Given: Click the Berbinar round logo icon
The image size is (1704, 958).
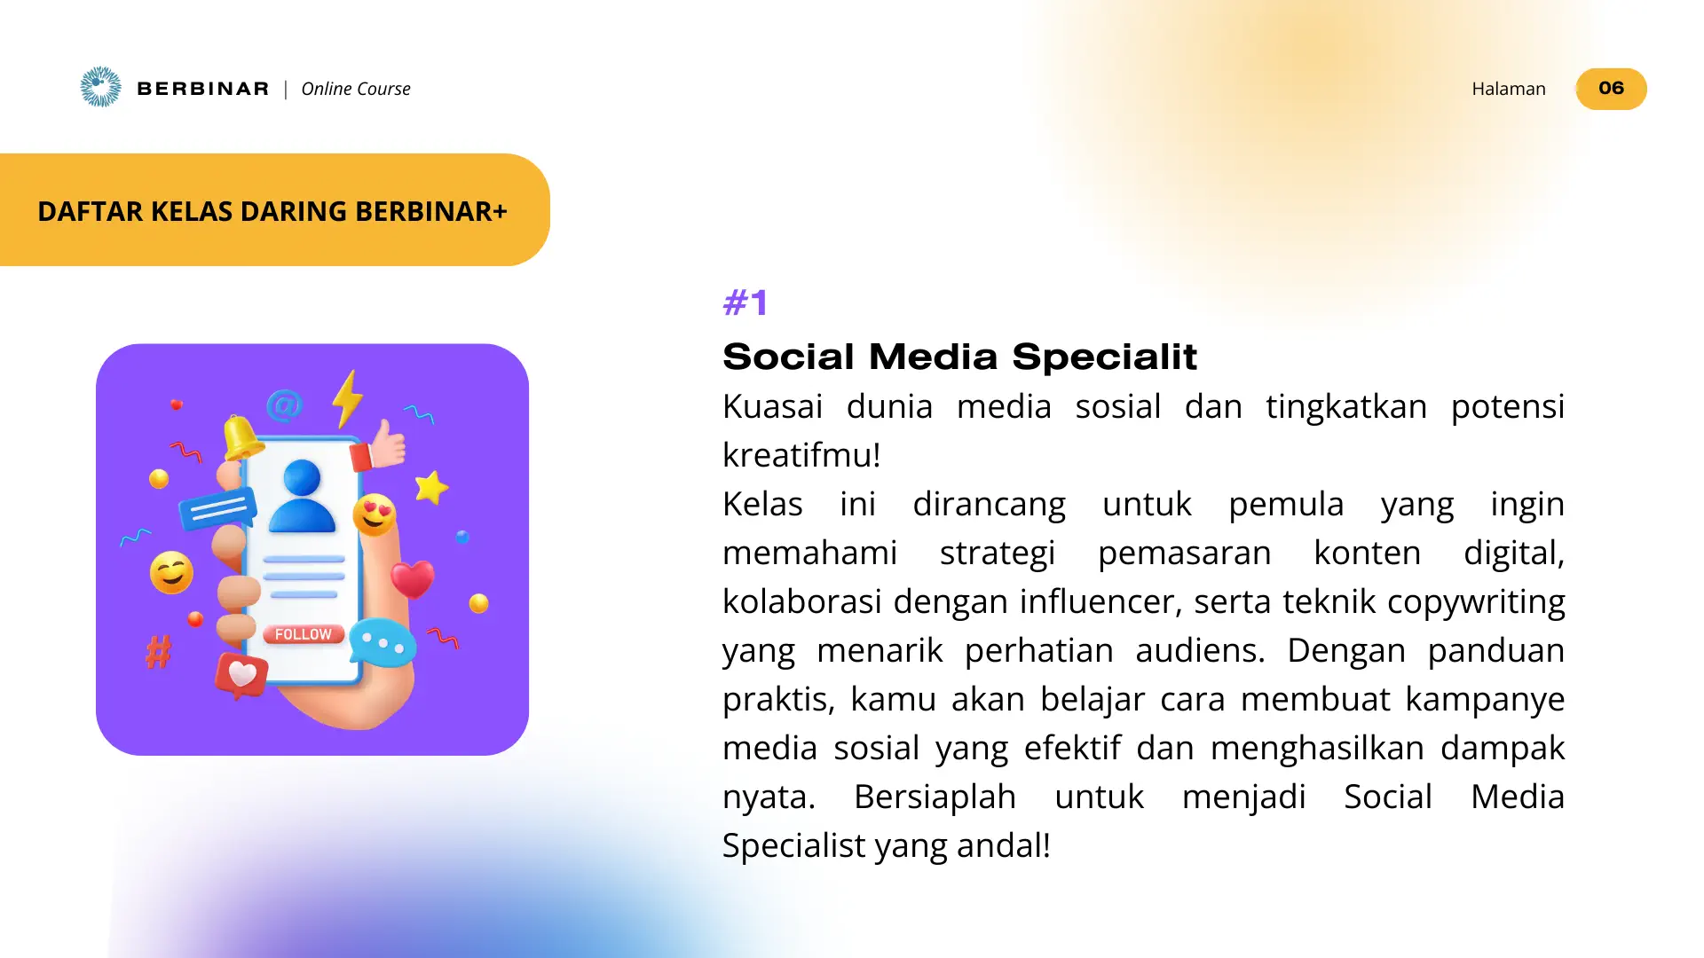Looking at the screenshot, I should click(100, 87).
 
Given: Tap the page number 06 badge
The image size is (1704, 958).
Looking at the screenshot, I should click(1611, 89).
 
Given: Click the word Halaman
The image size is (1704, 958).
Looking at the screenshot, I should click(1508, 89).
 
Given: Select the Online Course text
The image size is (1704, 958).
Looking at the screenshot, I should click(356, 89).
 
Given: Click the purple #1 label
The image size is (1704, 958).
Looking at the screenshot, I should click(745, 303).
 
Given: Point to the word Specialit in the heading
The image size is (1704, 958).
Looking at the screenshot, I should click(1104, 357).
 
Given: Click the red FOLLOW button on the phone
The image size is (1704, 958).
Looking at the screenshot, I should click(303, 634).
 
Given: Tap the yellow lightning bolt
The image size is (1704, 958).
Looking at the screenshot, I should click(347, 398).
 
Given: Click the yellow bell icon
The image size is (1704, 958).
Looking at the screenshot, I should click(241, 436).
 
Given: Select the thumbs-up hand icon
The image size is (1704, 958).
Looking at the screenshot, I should click(385, 444).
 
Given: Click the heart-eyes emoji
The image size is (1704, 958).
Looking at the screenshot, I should click(375, 514).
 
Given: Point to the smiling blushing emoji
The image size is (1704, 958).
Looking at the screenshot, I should click(171, 572).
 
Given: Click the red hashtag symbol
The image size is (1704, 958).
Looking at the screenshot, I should click(159, 652).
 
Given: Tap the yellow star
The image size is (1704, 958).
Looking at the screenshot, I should click(431, 487).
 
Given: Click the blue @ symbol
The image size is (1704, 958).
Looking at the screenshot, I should click(284, 406).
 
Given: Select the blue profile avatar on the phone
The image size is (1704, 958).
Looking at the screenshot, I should click(302, 497).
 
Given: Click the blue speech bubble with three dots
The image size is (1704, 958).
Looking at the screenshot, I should click(383, 643).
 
